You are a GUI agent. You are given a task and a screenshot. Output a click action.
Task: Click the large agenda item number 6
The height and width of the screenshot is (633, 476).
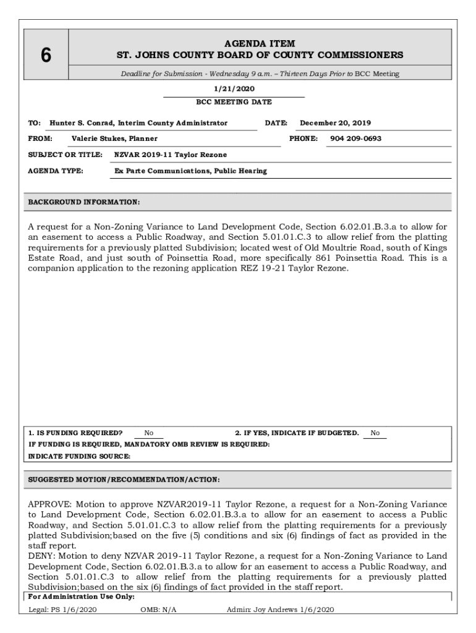(45, 56)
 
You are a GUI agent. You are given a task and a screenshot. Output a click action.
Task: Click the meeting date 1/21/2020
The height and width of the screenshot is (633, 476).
(234, 89)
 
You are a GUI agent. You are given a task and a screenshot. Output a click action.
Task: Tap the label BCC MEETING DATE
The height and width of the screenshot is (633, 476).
(234, 102)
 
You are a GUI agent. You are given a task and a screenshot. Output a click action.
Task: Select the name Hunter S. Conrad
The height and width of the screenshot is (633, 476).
(81, 123)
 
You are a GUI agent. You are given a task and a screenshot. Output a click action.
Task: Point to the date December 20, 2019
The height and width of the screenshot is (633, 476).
(336, 123)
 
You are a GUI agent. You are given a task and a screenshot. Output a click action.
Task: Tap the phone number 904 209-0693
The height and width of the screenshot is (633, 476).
(355, 138)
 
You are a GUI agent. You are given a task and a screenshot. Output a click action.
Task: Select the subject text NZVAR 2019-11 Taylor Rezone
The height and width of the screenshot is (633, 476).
(171, 154)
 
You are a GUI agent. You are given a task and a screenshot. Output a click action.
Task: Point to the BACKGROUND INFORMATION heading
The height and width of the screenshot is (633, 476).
(84, 202)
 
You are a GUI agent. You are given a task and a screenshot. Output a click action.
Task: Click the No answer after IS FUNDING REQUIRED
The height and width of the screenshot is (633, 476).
(149, 433)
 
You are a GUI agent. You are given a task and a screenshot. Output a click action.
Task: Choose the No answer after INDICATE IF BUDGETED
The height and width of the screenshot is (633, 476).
(375, 433)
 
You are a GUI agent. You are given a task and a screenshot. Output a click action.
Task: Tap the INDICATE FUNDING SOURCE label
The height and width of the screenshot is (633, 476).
(80, 456)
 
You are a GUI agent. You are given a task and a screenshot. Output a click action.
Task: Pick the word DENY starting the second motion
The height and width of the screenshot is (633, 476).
(41, 556)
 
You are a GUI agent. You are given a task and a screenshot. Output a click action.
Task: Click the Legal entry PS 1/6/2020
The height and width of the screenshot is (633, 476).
(62, 610)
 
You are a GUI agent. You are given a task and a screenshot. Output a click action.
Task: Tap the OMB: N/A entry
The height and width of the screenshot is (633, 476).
(158, 610)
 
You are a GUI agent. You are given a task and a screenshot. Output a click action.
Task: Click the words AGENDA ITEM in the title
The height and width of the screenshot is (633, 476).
(260, 43)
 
